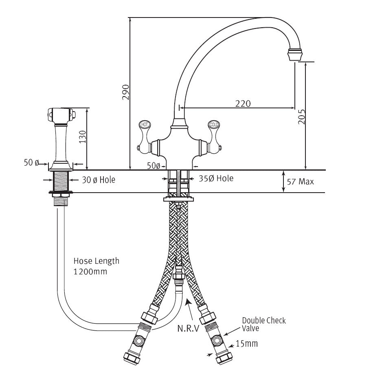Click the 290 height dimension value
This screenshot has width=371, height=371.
pos(125,92)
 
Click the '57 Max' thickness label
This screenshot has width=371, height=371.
pos(300,182)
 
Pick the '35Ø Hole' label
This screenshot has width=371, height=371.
pos(216,178)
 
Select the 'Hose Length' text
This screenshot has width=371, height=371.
pos(97,261)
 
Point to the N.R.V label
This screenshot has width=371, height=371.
pos(188,329)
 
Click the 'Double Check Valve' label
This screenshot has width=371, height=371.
pos(264,324)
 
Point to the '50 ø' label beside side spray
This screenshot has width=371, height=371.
pos(31,163)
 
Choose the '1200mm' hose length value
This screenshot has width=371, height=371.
pos(90,271)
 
